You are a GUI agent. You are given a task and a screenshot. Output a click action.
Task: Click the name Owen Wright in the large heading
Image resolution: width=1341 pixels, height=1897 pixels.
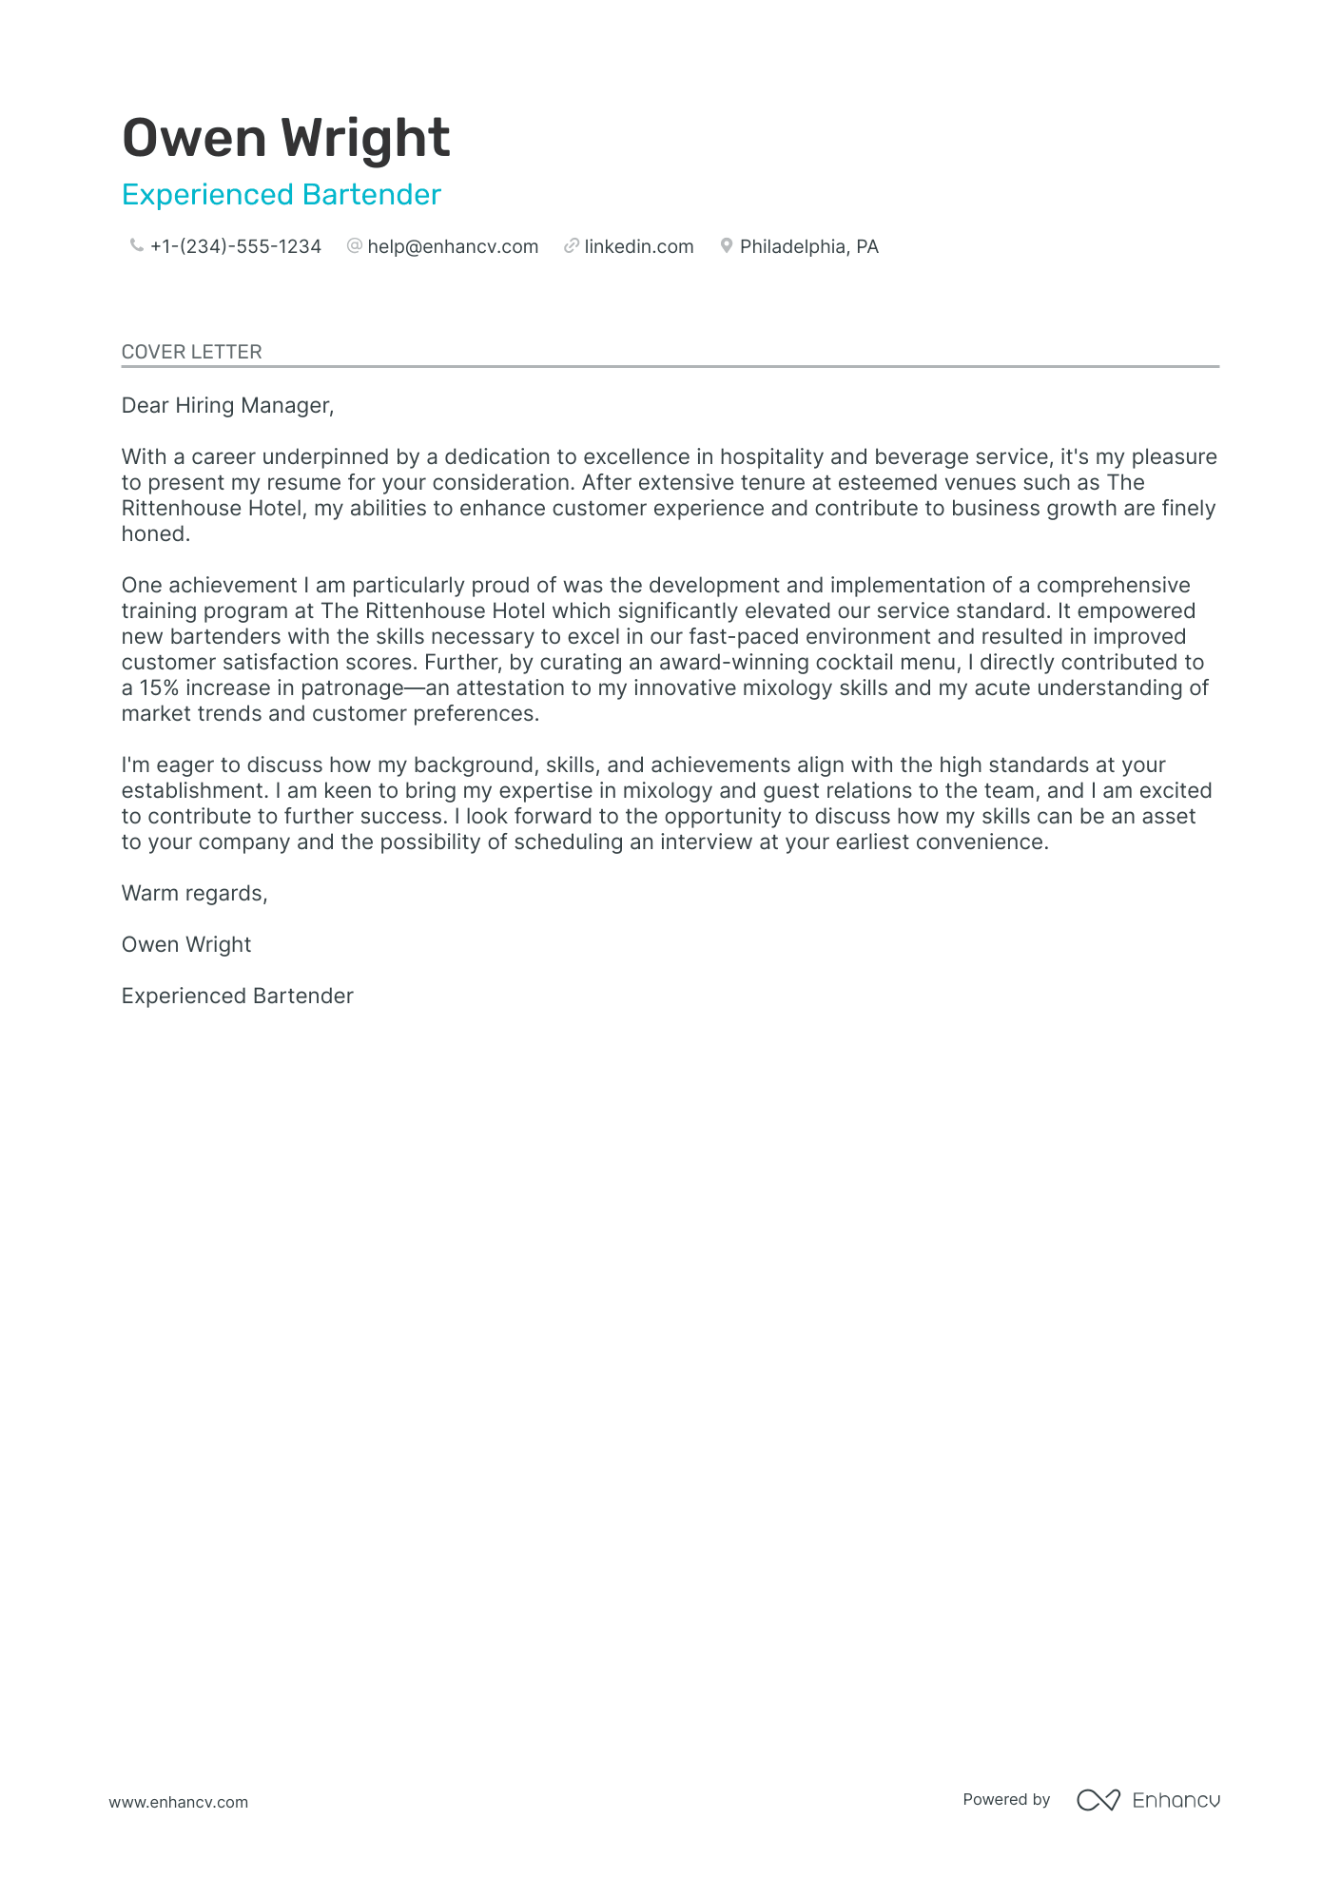[x=285, y=139]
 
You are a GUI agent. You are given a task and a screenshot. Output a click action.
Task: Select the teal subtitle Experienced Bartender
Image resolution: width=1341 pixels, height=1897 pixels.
[x=282, y=195]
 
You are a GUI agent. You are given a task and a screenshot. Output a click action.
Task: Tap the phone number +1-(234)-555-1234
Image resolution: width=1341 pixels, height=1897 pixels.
[x=236, y=247]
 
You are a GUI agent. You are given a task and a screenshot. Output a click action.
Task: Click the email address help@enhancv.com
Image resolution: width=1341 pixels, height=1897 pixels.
[x=453, y=247]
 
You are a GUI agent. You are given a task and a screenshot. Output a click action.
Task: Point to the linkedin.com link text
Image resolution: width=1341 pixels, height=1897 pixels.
[x=638, y=247]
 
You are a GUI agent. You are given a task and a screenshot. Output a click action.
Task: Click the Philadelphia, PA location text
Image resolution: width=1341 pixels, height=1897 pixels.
[x=808, y=247]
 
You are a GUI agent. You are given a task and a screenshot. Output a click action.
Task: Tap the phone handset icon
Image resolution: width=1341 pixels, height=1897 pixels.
[x=136, y=246]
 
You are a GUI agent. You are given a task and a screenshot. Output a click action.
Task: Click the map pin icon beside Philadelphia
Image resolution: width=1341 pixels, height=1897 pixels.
[x=727, y=246]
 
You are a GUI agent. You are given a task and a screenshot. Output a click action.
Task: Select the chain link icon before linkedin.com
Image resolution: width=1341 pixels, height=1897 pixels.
[x=571, y=246]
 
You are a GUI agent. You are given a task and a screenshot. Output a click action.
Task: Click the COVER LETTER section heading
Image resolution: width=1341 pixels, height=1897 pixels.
[x=191, y=352]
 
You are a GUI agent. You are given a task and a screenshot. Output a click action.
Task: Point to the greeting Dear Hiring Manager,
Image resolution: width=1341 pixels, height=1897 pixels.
[x=227, y=406]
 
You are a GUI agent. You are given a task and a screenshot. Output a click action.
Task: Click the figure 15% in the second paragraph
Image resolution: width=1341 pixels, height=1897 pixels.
[x=159, y=688]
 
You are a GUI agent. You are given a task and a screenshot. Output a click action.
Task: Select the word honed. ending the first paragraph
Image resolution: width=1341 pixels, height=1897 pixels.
[x=156, y=534]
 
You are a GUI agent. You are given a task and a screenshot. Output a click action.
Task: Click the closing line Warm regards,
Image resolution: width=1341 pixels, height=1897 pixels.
[x=194, y=894]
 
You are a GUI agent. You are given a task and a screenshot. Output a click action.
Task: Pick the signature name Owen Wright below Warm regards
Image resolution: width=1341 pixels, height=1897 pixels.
[x=186, y=945]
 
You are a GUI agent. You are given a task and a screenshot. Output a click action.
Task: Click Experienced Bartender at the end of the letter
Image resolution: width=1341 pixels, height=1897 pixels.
[x=237, y=997]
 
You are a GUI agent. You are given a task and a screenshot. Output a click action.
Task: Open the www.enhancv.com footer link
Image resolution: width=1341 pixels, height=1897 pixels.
[x=178, y=1802]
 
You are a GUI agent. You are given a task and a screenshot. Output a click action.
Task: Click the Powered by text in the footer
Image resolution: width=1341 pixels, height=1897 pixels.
[x=1005, y=1800]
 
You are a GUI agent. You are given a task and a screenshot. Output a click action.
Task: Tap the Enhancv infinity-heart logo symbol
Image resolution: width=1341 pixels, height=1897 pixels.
[x=1098, y=1800]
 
